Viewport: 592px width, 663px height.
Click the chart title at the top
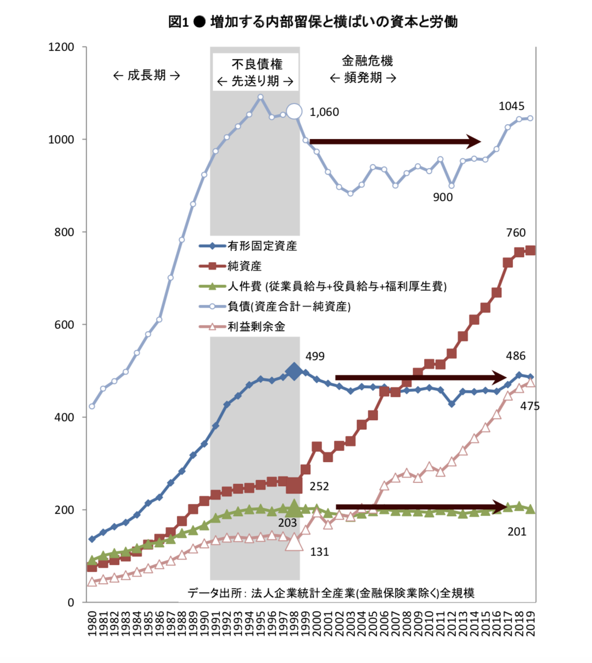pos(313,22)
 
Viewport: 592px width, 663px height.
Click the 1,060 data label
pos(324,112)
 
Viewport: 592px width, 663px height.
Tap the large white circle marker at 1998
pos(294,112)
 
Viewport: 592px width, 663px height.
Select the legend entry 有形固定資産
pos(262,246)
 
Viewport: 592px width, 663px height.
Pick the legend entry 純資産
pos(244,266)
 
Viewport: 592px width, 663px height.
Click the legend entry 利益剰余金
pos(256,327)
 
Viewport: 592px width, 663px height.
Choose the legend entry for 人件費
pos(337,286)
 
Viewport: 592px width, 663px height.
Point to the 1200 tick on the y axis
pos(62,47)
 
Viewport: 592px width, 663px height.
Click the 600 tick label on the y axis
pos(64,325)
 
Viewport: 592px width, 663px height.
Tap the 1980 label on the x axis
pos(92,623)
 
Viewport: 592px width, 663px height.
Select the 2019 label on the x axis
pos(530,623)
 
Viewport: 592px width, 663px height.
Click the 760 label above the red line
pos(516,232)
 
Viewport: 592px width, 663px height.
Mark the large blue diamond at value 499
pos(294,371)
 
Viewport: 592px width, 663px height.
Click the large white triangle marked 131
pos(294,542)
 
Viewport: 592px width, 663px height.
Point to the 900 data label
pos(443,197)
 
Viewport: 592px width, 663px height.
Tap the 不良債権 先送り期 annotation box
pos(256,72)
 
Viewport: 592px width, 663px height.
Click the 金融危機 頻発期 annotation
pos(364,69)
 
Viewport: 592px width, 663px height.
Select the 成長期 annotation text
pos(146,75)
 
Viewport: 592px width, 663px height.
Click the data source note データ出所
pos(331,593)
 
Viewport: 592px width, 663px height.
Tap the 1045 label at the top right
pos(512,106)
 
